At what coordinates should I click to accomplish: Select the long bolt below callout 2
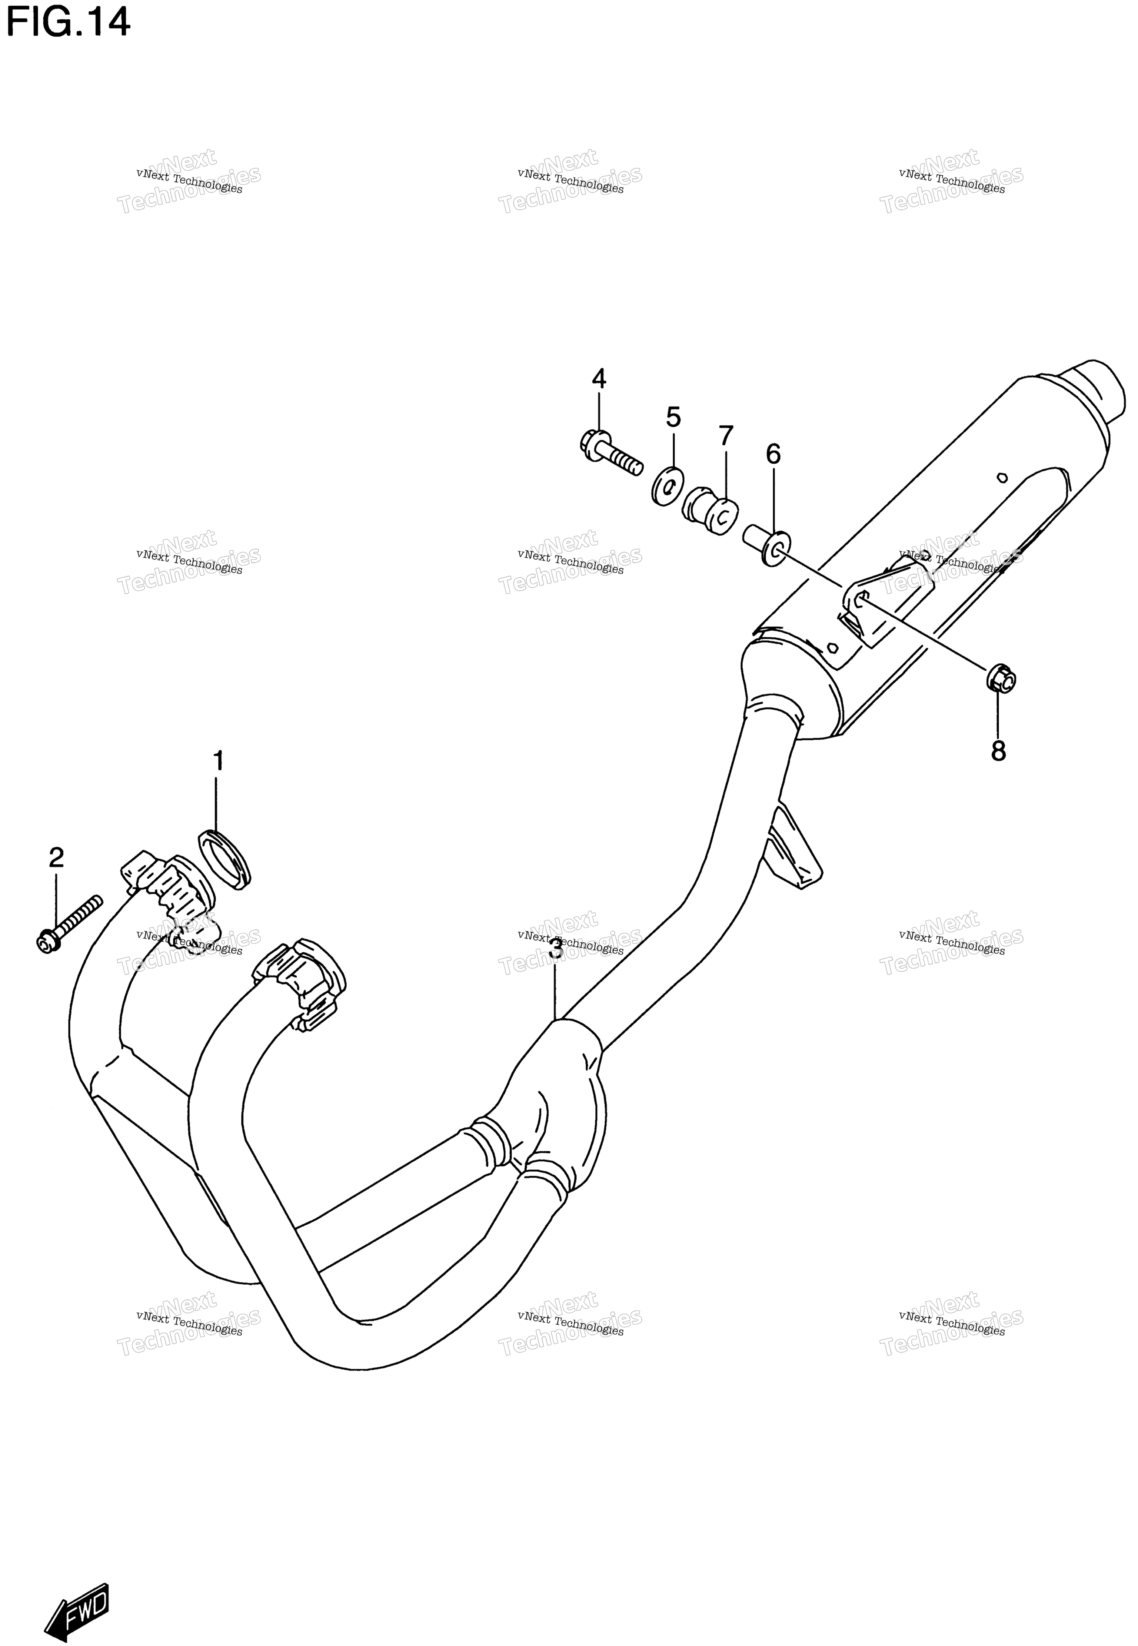(69, 923)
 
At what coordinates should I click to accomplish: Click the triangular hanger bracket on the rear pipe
(793, 849)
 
